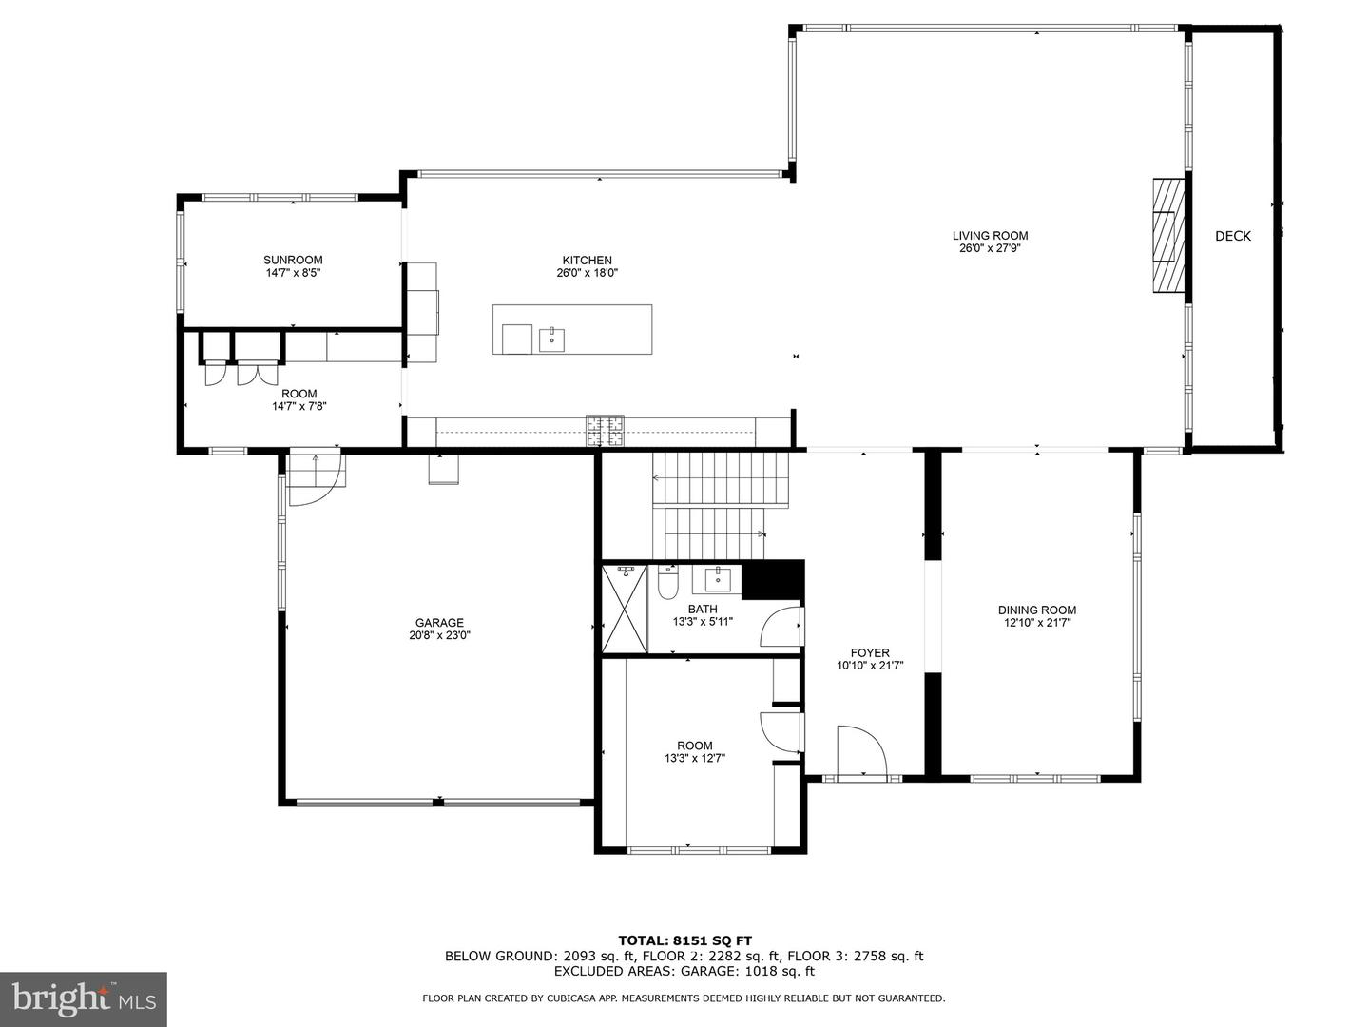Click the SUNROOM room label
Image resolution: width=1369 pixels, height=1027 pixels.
(293, 260)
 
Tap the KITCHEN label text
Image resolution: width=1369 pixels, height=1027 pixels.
(587, 260)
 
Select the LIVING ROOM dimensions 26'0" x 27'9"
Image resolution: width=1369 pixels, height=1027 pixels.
(990, 249)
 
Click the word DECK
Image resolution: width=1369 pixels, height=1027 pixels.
(1233, 236)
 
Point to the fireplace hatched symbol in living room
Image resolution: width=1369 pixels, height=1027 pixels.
(1168, 233)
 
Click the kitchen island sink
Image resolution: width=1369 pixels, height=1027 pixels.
(551, 338)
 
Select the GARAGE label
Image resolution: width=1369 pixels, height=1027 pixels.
(439, 623)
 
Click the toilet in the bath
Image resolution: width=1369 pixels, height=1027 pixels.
(667, 581)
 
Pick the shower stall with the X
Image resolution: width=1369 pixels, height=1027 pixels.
(625, 609)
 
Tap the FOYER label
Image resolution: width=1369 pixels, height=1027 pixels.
(870, 652)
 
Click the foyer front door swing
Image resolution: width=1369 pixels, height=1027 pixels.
(860, 751)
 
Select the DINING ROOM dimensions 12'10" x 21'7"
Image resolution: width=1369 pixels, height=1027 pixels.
(1037, 623)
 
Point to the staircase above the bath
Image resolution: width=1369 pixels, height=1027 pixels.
(721, 506)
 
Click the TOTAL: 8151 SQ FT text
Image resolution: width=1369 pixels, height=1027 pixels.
(684, 940)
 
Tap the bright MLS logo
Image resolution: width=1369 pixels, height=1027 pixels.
(84, 998)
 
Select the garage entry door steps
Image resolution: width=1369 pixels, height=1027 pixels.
(317, 470)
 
